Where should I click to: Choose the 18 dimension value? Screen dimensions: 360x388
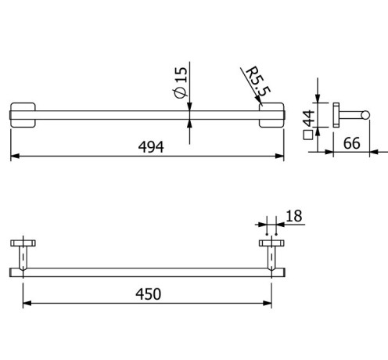pos(294,214)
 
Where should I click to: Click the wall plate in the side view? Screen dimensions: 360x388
pos(336,116)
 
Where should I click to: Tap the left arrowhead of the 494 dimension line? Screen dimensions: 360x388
pos(13,157)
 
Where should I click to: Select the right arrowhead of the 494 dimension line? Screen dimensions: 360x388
pos(281,157)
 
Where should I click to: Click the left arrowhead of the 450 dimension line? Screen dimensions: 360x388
pos(26,304)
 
